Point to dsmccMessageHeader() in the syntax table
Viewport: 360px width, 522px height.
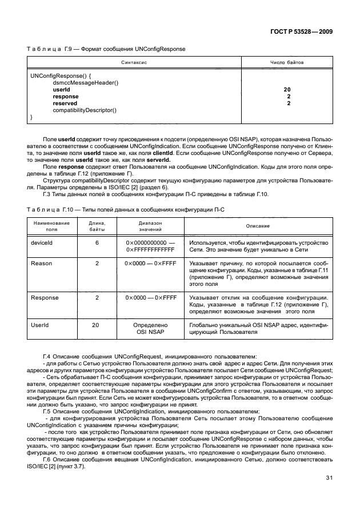point(85,82)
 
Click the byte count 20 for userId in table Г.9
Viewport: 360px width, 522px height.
point(287,90)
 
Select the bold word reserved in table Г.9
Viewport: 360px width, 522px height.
point(66,103)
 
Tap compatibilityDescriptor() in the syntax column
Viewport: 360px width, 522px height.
point(85,110)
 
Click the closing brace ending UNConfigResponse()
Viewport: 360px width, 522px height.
point(31,117)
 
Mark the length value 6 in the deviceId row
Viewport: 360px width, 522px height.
point(97,243)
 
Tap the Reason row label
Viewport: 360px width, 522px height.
point(41,264)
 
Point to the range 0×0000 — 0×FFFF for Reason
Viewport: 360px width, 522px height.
point(150,264)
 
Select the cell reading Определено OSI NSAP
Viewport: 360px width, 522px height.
point(150,328)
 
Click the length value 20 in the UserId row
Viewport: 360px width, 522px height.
point(97,325)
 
